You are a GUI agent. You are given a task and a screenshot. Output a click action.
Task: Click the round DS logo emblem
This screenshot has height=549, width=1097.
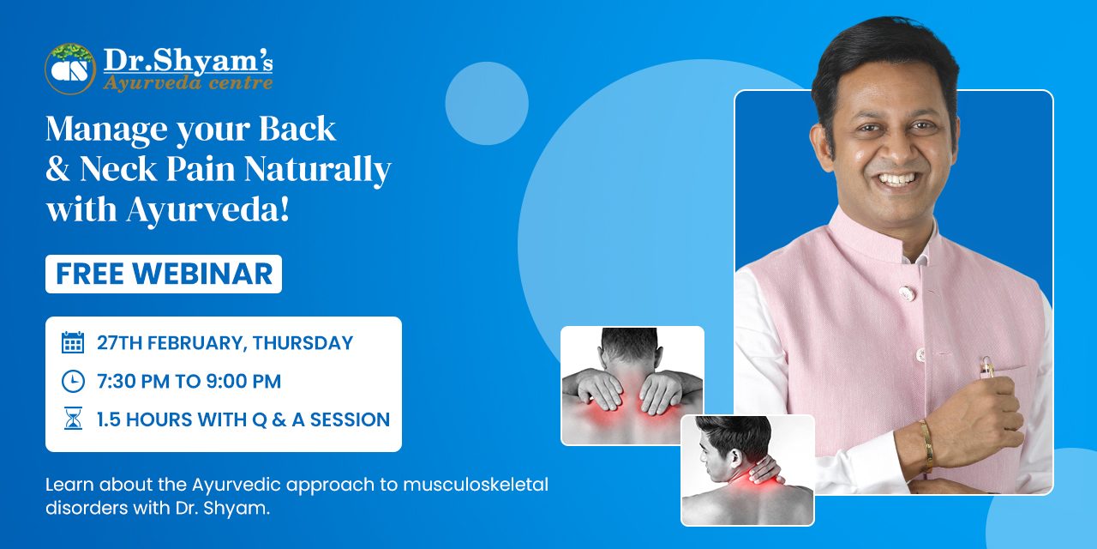pos(70,69)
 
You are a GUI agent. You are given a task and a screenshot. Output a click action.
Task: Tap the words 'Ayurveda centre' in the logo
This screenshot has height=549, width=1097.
pos(188,82)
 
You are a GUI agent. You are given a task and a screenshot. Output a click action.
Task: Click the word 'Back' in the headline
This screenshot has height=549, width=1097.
pos(297,129)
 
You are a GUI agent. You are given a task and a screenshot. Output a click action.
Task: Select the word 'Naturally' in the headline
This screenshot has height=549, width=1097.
pos(317,170)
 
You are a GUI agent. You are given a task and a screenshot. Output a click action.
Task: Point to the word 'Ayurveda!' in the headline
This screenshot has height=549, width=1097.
pos(207,210)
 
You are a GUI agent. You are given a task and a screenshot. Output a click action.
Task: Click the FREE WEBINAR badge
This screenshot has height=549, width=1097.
pos(164,274)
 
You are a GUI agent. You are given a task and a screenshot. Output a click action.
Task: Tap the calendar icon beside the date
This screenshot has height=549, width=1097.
pos(73,342)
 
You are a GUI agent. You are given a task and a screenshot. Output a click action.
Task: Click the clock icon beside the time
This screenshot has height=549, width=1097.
pos(73,382)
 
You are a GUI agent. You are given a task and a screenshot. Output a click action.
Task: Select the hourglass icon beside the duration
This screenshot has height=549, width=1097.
pos(73,419)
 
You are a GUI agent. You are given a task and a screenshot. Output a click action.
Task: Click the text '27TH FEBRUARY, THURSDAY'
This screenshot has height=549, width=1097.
pos(225,342)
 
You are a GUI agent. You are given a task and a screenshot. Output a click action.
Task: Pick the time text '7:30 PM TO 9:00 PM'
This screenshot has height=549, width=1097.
pos(189,382)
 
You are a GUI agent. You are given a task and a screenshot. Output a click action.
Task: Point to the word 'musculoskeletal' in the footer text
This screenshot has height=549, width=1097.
pos(476,485)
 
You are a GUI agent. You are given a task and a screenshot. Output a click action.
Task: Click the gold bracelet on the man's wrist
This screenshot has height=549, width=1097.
pos(926,445)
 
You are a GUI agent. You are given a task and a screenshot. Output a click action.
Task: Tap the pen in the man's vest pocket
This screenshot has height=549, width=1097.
pos(986,368)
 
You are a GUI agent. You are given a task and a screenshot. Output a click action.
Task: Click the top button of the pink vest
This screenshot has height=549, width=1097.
pos(907,293)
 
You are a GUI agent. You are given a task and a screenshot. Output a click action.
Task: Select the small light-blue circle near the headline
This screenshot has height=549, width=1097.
pos(487,104)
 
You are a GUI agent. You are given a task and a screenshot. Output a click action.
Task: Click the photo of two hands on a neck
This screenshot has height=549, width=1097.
pos(632,386)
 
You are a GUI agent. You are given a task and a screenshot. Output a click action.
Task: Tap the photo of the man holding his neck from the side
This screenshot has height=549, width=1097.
pos(747,470)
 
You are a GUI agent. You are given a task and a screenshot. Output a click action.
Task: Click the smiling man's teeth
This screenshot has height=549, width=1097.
pos(897,179)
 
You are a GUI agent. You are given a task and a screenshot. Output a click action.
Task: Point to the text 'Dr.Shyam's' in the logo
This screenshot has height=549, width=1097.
pos(188,61)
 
